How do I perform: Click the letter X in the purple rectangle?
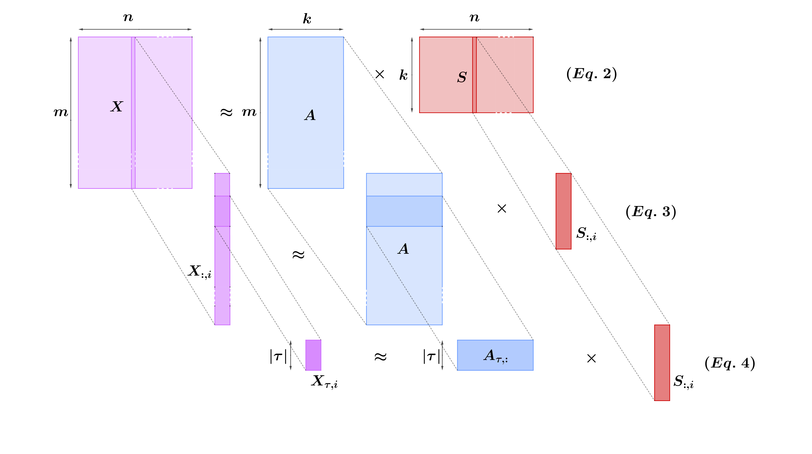click(117, 106)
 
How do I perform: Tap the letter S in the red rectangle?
click(462, 77)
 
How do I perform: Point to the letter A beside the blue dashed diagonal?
click(403, 249)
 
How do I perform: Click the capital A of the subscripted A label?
click(490, 355)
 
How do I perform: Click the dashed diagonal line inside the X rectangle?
click(164, 78)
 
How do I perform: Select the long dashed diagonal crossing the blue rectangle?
click(397, 276)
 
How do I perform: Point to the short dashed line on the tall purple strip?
click(222, 238)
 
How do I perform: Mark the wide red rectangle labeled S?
click(441, 95)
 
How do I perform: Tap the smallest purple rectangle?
click(313, 355)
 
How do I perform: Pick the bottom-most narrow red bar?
click(662, 363)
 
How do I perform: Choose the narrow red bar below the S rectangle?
click(563, 211)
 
